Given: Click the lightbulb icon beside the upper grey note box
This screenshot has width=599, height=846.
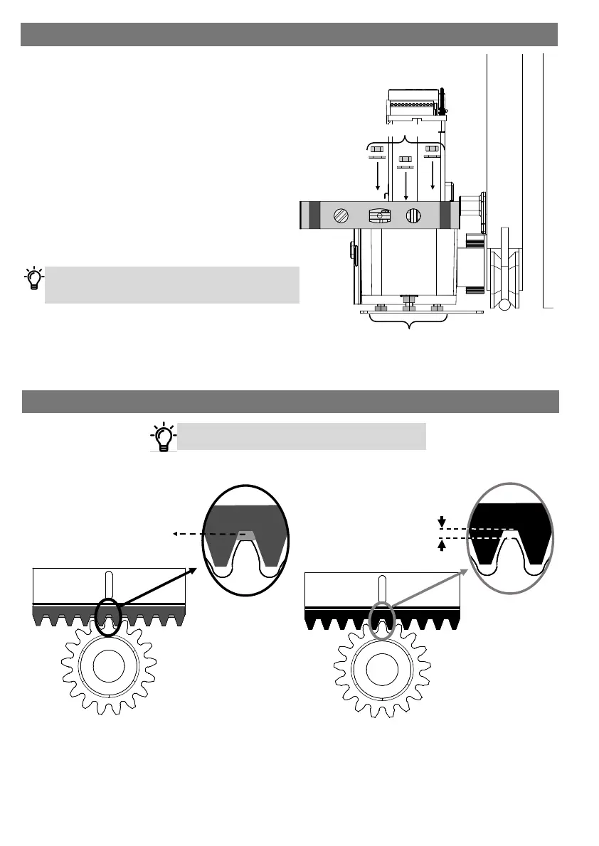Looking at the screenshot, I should tap(33, 279).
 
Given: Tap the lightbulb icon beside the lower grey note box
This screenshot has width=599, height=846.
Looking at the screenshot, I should tap(164, 436).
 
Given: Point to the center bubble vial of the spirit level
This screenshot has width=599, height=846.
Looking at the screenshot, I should tap(379, 216).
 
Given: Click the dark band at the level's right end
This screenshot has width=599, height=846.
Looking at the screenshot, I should tap(445, 216).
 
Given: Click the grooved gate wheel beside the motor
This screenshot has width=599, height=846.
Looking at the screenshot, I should tap(506, 270).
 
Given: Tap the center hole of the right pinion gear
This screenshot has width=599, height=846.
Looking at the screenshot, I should tap(382, 669).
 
